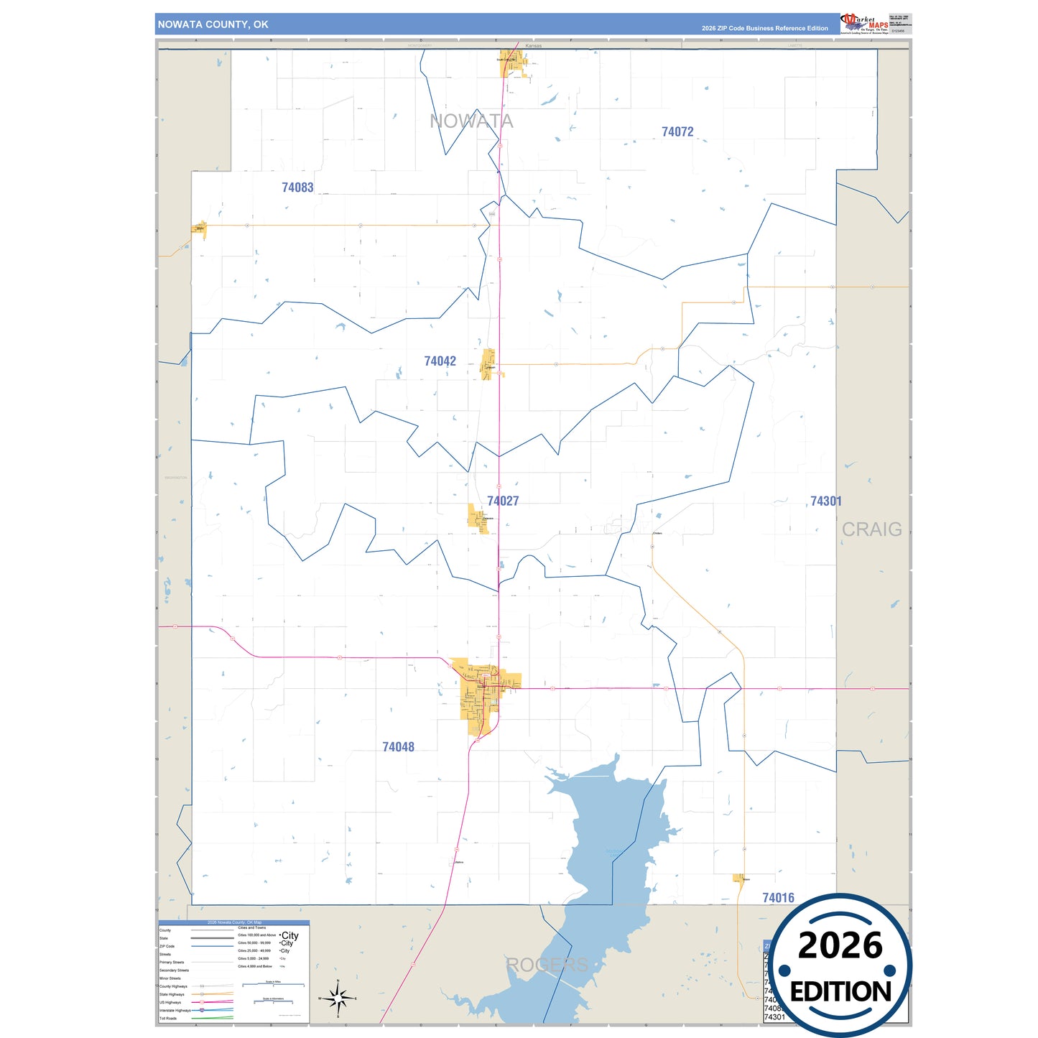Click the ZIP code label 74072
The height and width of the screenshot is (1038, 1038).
tap(677, 132)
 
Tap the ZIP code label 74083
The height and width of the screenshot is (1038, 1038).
tap(297, 187)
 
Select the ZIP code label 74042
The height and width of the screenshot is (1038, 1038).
tap(440, 361)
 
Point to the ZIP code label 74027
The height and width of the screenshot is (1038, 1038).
tap(503, 501)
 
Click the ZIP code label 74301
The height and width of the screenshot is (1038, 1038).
tap(825, 501)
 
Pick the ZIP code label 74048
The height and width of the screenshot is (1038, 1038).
tap(398, 747)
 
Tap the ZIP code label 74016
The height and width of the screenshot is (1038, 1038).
tap(778, 898)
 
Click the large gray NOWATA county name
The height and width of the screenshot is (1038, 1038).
tap(471, 121)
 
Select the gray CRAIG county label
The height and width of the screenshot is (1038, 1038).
tap(871, 529)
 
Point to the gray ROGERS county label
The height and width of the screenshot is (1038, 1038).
tap(547, 965)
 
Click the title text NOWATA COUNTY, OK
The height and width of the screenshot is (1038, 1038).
tap(213, 24)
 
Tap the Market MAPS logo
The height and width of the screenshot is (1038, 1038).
tap(864, 24)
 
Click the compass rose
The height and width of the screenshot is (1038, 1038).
tap(338, 998)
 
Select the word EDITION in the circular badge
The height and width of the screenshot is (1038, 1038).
tap(840, 992)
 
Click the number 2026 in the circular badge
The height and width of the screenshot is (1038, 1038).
tap(840, 946)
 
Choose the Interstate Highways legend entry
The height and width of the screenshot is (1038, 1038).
tap(175, 1011)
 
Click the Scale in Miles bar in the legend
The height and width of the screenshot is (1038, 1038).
tap(273, 984)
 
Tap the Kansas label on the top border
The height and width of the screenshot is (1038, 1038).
tap(533, 46)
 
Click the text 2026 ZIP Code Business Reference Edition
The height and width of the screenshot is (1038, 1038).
tap(764, 29)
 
